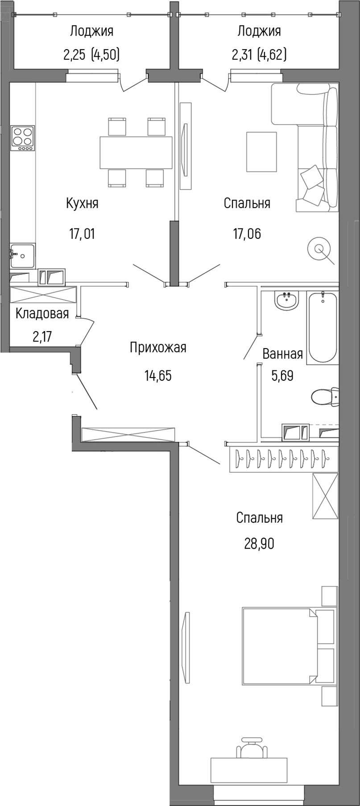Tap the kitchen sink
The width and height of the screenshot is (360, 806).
[x=23, y=256]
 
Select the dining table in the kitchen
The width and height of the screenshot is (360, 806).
[x=136, y=152]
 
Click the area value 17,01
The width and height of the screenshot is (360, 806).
[x=82, y=233]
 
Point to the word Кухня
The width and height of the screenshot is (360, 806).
[x=82, y=204]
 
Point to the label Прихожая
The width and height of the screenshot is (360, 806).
[x=158, y=347]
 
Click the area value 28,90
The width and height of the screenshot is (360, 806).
[x=259, y=544]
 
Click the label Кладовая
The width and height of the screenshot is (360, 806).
[x=42, y=314]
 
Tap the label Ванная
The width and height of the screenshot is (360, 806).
[x=282, y=354]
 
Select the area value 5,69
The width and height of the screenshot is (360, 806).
[x=282, y=376]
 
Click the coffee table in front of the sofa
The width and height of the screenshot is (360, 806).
[x=261, y=152]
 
